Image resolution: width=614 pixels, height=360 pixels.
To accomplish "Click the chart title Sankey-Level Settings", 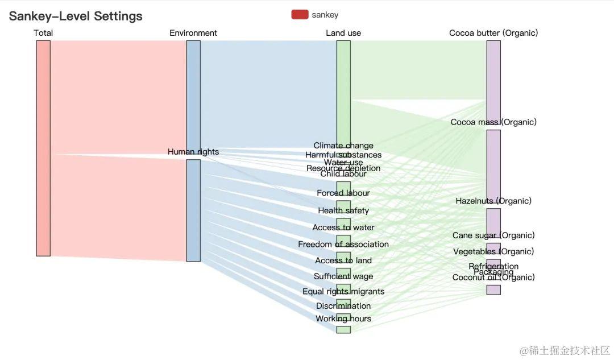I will click(x=76, y=16).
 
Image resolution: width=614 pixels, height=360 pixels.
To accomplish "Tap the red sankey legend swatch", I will click(x=300, y=15).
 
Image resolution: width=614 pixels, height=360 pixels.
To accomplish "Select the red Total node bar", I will click(x=43, y=148).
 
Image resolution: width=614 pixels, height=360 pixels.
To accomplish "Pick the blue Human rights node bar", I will click(x=193, y=210).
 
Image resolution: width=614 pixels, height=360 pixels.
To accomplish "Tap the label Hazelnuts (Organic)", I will click(x=493, y=201).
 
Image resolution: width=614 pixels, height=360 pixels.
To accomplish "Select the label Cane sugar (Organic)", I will click(x=493, y=235).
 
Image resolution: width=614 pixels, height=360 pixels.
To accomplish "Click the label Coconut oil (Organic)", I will click(x=493, y=278).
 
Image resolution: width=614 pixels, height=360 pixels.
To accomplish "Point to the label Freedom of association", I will click(x=343, y=245).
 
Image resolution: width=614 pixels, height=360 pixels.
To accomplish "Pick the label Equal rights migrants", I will click(x=343, y=292).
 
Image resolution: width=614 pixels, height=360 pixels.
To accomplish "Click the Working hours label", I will click(x=343, y=319).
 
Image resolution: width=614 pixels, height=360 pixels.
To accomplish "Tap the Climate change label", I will click(x=343, y=146).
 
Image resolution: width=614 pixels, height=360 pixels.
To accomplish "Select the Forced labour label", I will click(x=343, y=193).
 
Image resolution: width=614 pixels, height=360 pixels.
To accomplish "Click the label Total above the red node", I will click(x=43, y=33).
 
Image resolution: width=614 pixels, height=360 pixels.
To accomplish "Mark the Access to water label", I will click(x=343, y=227).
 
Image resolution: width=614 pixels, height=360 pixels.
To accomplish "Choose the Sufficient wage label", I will click(x=343, y=277).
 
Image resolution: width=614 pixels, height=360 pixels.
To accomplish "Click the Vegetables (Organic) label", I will click(x=493, y=252).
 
